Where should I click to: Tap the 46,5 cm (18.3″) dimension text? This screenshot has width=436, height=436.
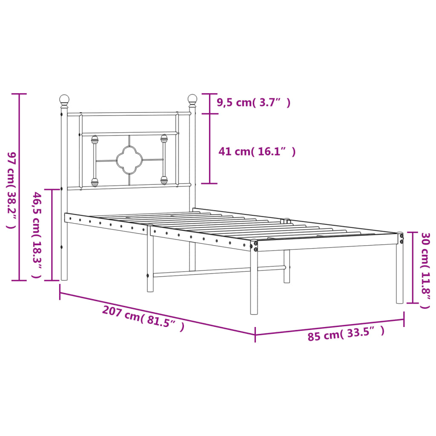(x=37, y=235)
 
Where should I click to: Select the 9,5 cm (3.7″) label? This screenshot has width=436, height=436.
(x=253, y=102)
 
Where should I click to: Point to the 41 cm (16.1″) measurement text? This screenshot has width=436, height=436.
(x=257, y=151)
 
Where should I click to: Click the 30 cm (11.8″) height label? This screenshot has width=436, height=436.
(x=425, y=270)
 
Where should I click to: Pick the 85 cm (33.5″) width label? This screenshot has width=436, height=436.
(x=346, y=333)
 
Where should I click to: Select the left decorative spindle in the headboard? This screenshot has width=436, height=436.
(x=95, y=161)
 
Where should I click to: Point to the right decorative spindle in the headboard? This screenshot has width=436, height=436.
(x=164, y=160)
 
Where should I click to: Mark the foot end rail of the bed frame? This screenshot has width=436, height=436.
(x=328, y=244)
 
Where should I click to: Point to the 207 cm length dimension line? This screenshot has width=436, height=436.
(x=158, y=313)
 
